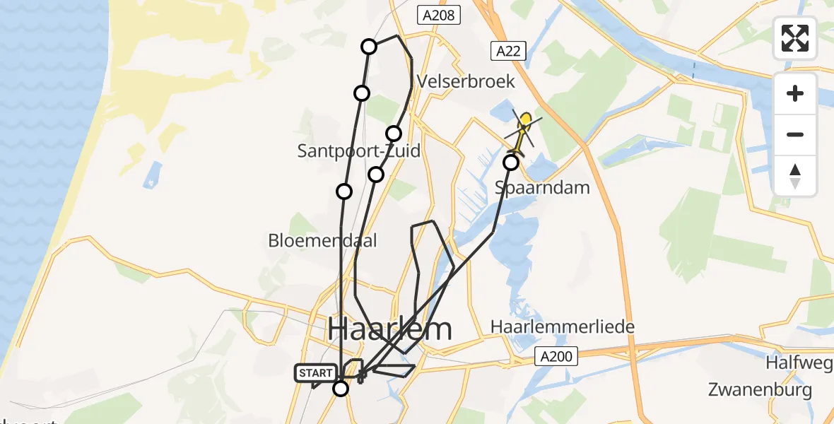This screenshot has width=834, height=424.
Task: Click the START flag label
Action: point(315,373)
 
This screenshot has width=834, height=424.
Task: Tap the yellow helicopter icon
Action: point(523,131)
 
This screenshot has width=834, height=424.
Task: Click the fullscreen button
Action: point(795,38)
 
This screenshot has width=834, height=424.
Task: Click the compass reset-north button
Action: point(795,176)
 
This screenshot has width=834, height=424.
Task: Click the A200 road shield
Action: point(556,356)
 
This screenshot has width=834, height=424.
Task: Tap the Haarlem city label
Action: point(389,329)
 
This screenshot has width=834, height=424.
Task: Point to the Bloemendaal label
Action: point(322,240)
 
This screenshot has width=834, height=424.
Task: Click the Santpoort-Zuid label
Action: point(358,151)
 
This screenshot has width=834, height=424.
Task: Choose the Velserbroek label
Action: point(466,81)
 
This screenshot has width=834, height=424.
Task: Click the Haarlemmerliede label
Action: point(563,326)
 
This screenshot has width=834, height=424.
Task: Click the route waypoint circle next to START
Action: point(341,388)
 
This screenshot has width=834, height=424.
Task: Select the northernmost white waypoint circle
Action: point(369,47)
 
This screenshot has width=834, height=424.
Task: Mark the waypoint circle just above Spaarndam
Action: point(511,163)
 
